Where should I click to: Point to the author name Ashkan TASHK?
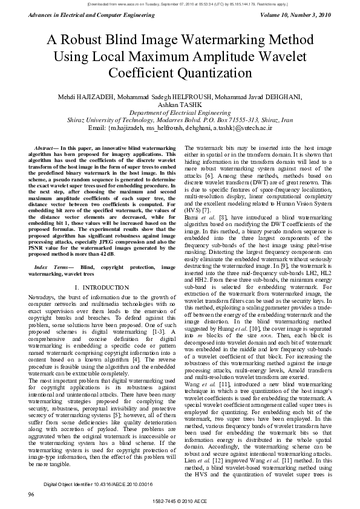coord(180,105)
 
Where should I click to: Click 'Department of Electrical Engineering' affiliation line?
coord(180,113)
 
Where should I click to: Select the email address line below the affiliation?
coord(180,128)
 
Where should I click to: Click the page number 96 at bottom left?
coord(31,494)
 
